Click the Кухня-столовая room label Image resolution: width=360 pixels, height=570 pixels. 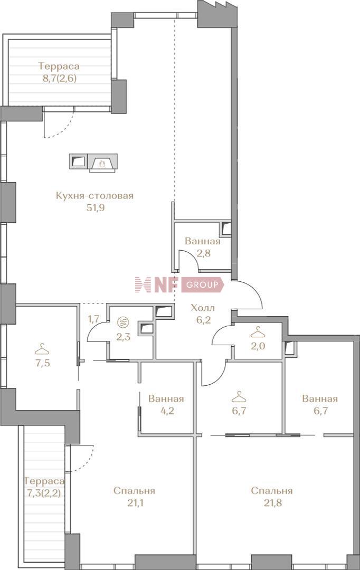pyautogui.click(x=94, y=196)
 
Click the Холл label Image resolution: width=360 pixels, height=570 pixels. pyautogui.click(x=203, y=308)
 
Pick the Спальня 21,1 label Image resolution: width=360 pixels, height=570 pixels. pyautogui.click(x=134, y=497)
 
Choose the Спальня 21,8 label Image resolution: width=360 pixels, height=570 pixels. pyautogui.click(x=272, y=497)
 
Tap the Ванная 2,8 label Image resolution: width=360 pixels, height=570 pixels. pyautogui.click(x=203, y=247)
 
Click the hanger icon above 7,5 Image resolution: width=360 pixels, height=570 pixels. pyautogui.click(x=43, y=349)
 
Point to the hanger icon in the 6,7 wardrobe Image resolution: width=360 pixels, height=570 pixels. pyautogui.click(x=239, y=396)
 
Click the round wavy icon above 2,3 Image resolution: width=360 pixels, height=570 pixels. pyautogui.click(x=124, y=322)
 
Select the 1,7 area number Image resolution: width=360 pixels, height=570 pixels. pyautogui.click(x=93, y=319)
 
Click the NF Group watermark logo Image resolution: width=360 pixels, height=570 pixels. pyautogui.click(x=179, y=285)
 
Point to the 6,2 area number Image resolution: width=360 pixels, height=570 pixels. pyautogui.click(x=203, y=320)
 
